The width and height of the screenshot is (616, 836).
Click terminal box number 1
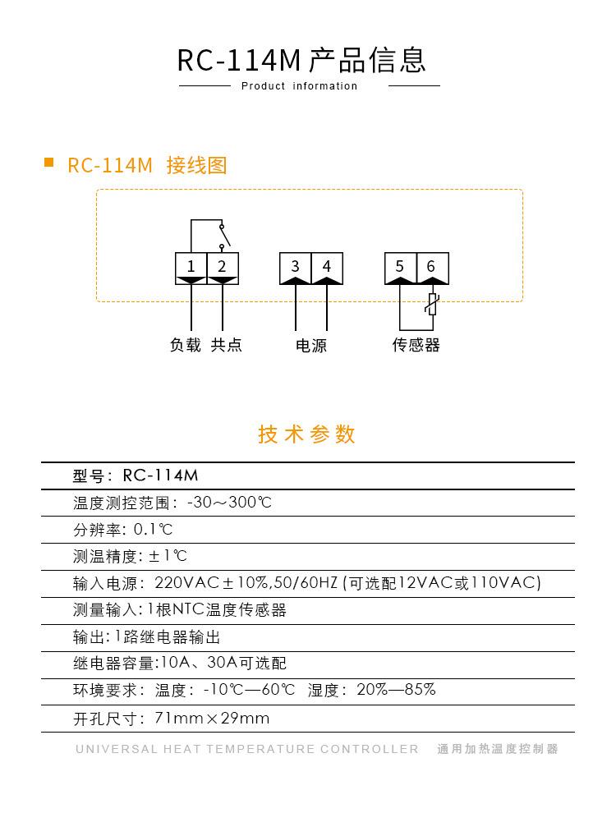[191, 267]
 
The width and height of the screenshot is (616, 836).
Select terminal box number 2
[222, 267]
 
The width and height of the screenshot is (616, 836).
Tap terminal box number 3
[295, 267]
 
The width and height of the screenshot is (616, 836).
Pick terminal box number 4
[327, 267]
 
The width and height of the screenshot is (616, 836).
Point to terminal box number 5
[400, 267]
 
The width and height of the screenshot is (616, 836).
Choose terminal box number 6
[432, 267]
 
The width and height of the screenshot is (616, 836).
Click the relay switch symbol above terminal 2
[222, 234]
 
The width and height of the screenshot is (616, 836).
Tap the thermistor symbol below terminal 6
[432, 306]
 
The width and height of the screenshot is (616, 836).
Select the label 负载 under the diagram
[186, 345]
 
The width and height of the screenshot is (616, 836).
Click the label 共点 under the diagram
[226, 345]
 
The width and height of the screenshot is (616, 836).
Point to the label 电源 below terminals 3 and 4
[311, 346]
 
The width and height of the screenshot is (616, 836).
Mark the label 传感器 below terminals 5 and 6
[416, 345]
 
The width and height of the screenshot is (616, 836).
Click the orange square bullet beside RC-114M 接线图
[48, 163]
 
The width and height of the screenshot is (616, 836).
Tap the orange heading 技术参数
[307, 434]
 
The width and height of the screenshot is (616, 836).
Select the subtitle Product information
[300, 86]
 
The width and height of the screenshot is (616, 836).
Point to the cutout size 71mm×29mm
[212, 719]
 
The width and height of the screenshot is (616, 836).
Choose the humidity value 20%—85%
[396, 690]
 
